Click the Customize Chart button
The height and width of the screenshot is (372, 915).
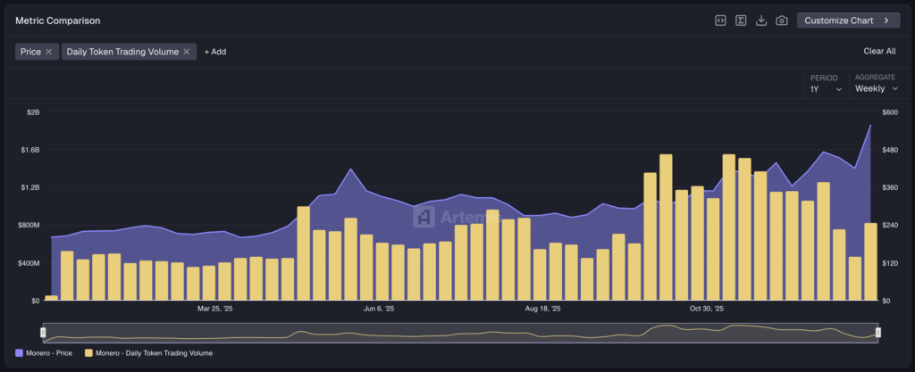tap(848, 20)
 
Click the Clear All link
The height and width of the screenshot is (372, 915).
tap(879, 52)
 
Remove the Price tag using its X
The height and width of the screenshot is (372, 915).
tap(49, 52)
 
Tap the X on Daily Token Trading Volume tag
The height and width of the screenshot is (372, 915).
tap(187, 52)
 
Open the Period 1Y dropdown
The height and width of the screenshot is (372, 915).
tap(826, 88)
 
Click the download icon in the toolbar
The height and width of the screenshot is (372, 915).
tap(761, 21)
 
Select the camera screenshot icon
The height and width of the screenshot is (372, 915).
tap(782, 21)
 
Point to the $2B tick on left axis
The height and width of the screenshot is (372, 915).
tap(33, 112)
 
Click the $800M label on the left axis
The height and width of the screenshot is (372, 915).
tap(29, 226)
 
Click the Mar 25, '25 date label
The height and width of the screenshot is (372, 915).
tap(214, 309)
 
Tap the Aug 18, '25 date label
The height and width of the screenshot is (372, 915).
tap(543, 309)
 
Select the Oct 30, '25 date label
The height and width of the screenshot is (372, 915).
tap(707, 309)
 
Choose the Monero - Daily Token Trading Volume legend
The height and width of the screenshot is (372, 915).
tap(148, 353)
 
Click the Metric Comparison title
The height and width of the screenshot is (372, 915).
tap(58, 20)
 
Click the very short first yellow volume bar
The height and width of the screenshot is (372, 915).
tap(51, 298)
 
